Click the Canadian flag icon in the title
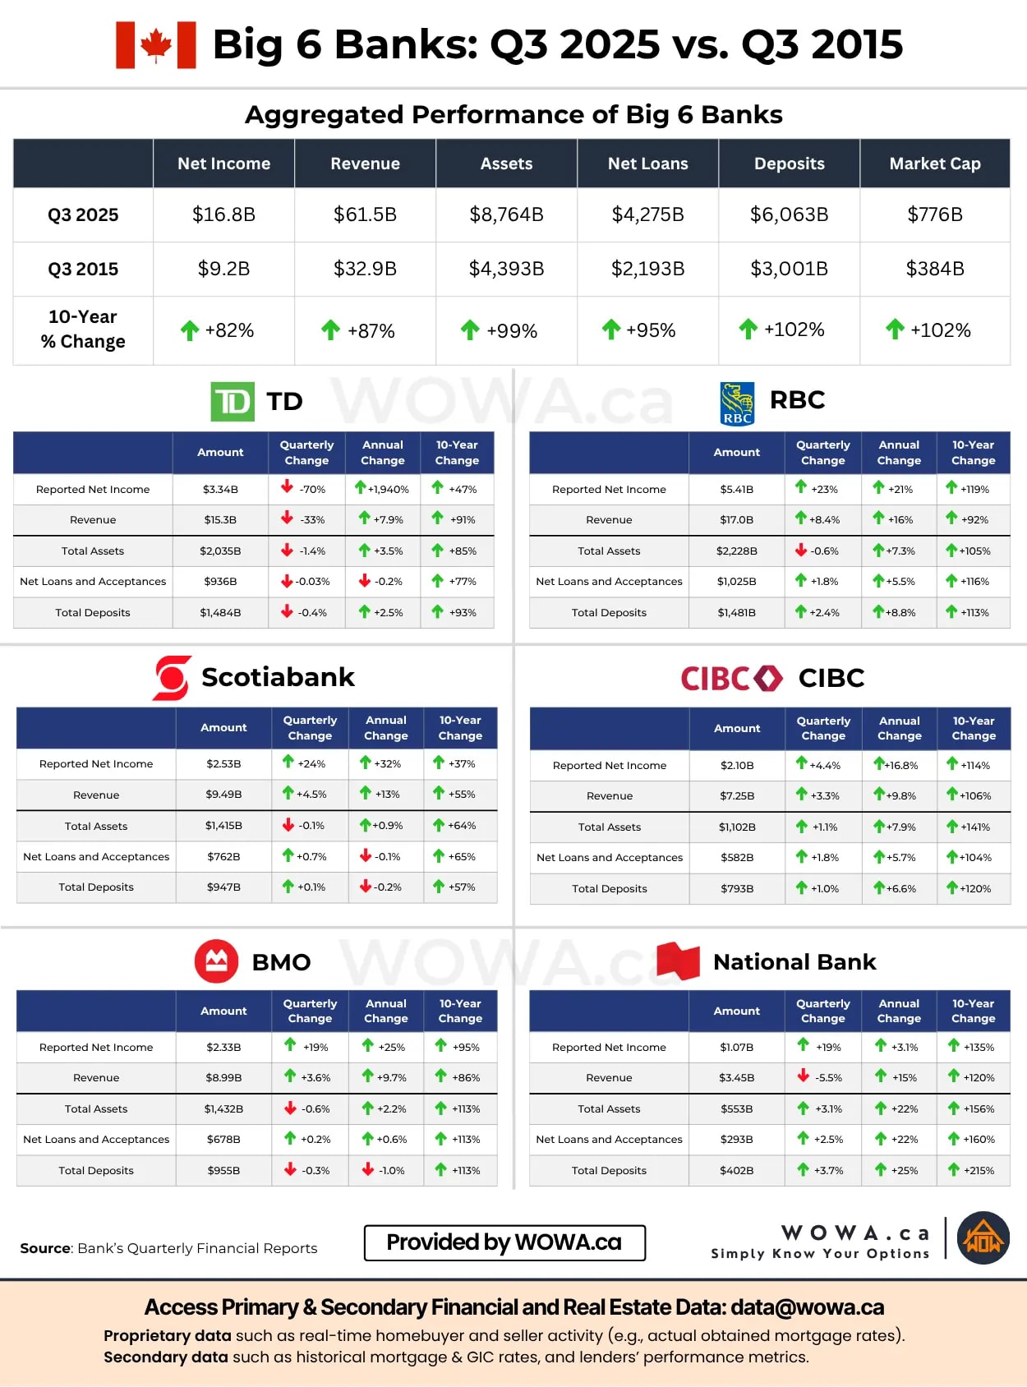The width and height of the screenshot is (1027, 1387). tap(156, 45)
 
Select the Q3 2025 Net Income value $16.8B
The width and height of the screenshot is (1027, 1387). tap(223, 215)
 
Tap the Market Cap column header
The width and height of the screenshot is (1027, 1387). tap(934, 164)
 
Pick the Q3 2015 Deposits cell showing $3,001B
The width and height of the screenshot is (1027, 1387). tap(789, 270)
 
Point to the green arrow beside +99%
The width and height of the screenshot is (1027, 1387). tap(470, 330)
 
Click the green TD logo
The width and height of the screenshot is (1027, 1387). tap(233, 402)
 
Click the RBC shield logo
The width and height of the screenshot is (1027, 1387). tap(737, 403)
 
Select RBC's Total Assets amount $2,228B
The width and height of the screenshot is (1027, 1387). tap(736, 551)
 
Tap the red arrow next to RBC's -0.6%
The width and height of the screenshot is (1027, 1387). tap(801, 551)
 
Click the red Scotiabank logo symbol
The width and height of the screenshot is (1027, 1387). tap(173, 678)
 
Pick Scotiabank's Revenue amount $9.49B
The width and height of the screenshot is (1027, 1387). tap(223, 795)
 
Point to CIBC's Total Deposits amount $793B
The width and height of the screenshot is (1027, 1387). tap(737, 889)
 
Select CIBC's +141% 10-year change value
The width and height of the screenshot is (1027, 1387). tap(975, 827)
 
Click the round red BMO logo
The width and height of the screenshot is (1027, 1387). tap(216, 961)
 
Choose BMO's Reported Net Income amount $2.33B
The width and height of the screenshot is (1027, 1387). tap(223, 1048)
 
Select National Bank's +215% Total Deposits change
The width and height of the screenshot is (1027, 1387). tap(979, 1171)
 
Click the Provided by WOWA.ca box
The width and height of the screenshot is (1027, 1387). tap(504, 1242)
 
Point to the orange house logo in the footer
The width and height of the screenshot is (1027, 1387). tap(983, 1237)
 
